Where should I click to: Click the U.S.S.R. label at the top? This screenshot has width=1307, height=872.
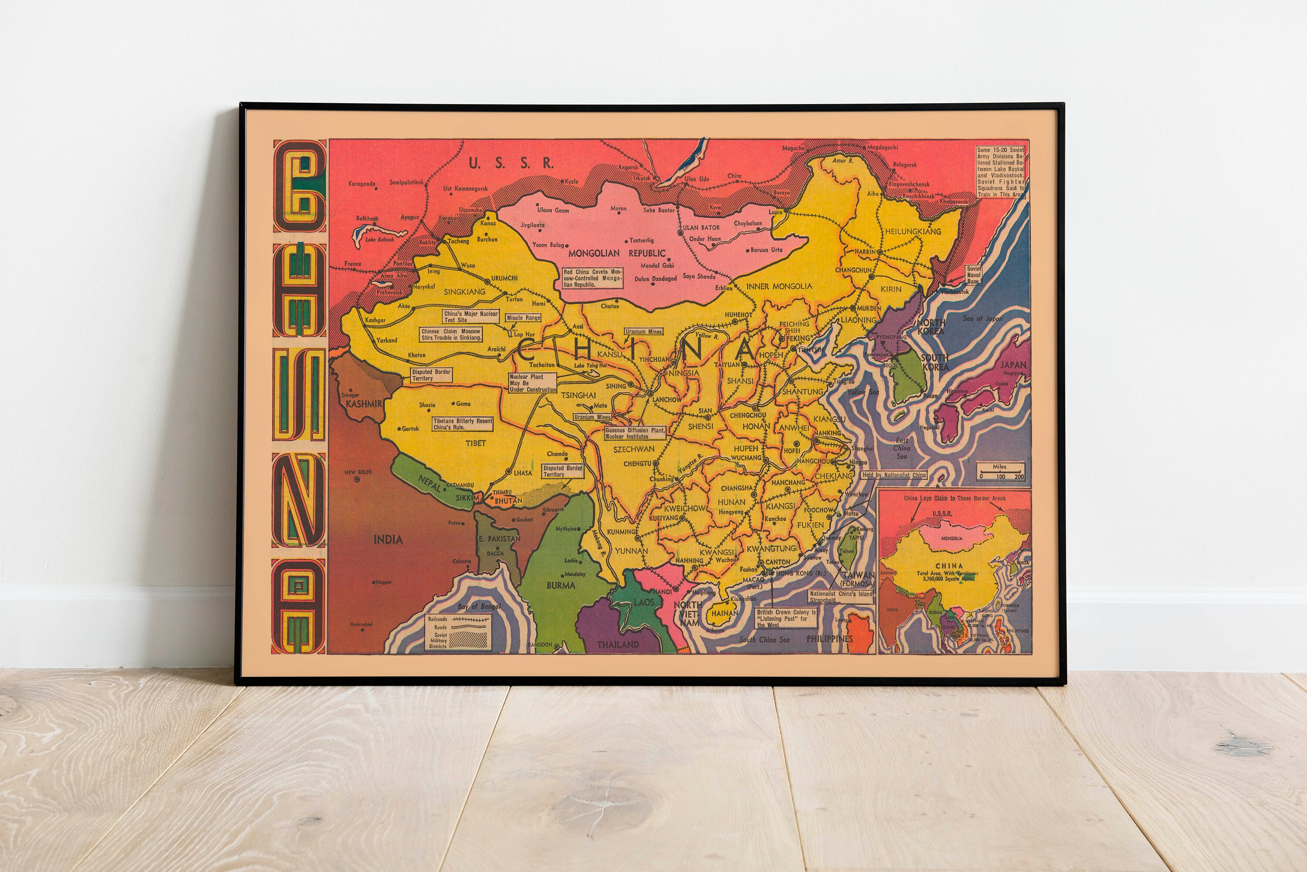click(511, 163)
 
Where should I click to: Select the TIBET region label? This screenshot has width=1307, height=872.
click(475, 443)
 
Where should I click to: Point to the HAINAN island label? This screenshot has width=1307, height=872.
click(725, 613)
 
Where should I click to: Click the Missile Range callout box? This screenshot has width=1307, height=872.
click(523, 318)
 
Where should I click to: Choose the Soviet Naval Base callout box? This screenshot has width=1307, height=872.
click(973, 275)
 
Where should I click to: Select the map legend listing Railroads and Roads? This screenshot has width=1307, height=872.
click(458, 632)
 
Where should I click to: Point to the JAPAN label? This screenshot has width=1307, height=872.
click(1013, 365)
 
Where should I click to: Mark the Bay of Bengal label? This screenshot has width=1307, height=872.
click(479, 606)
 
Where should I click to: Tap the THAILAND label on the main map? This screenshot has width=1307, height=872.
click(617, 645)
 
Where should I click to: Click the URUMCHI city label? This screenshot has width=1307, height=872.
click(504, 278)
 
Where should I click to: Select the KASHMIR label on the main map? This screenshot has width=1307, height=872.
click(364, 404)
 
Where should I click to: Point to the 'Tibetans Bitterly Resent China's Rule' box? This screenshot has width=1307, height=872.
click(463, 424)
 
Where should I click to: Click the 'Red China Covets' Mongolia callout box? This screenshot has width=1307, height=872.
click(593, 278)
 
